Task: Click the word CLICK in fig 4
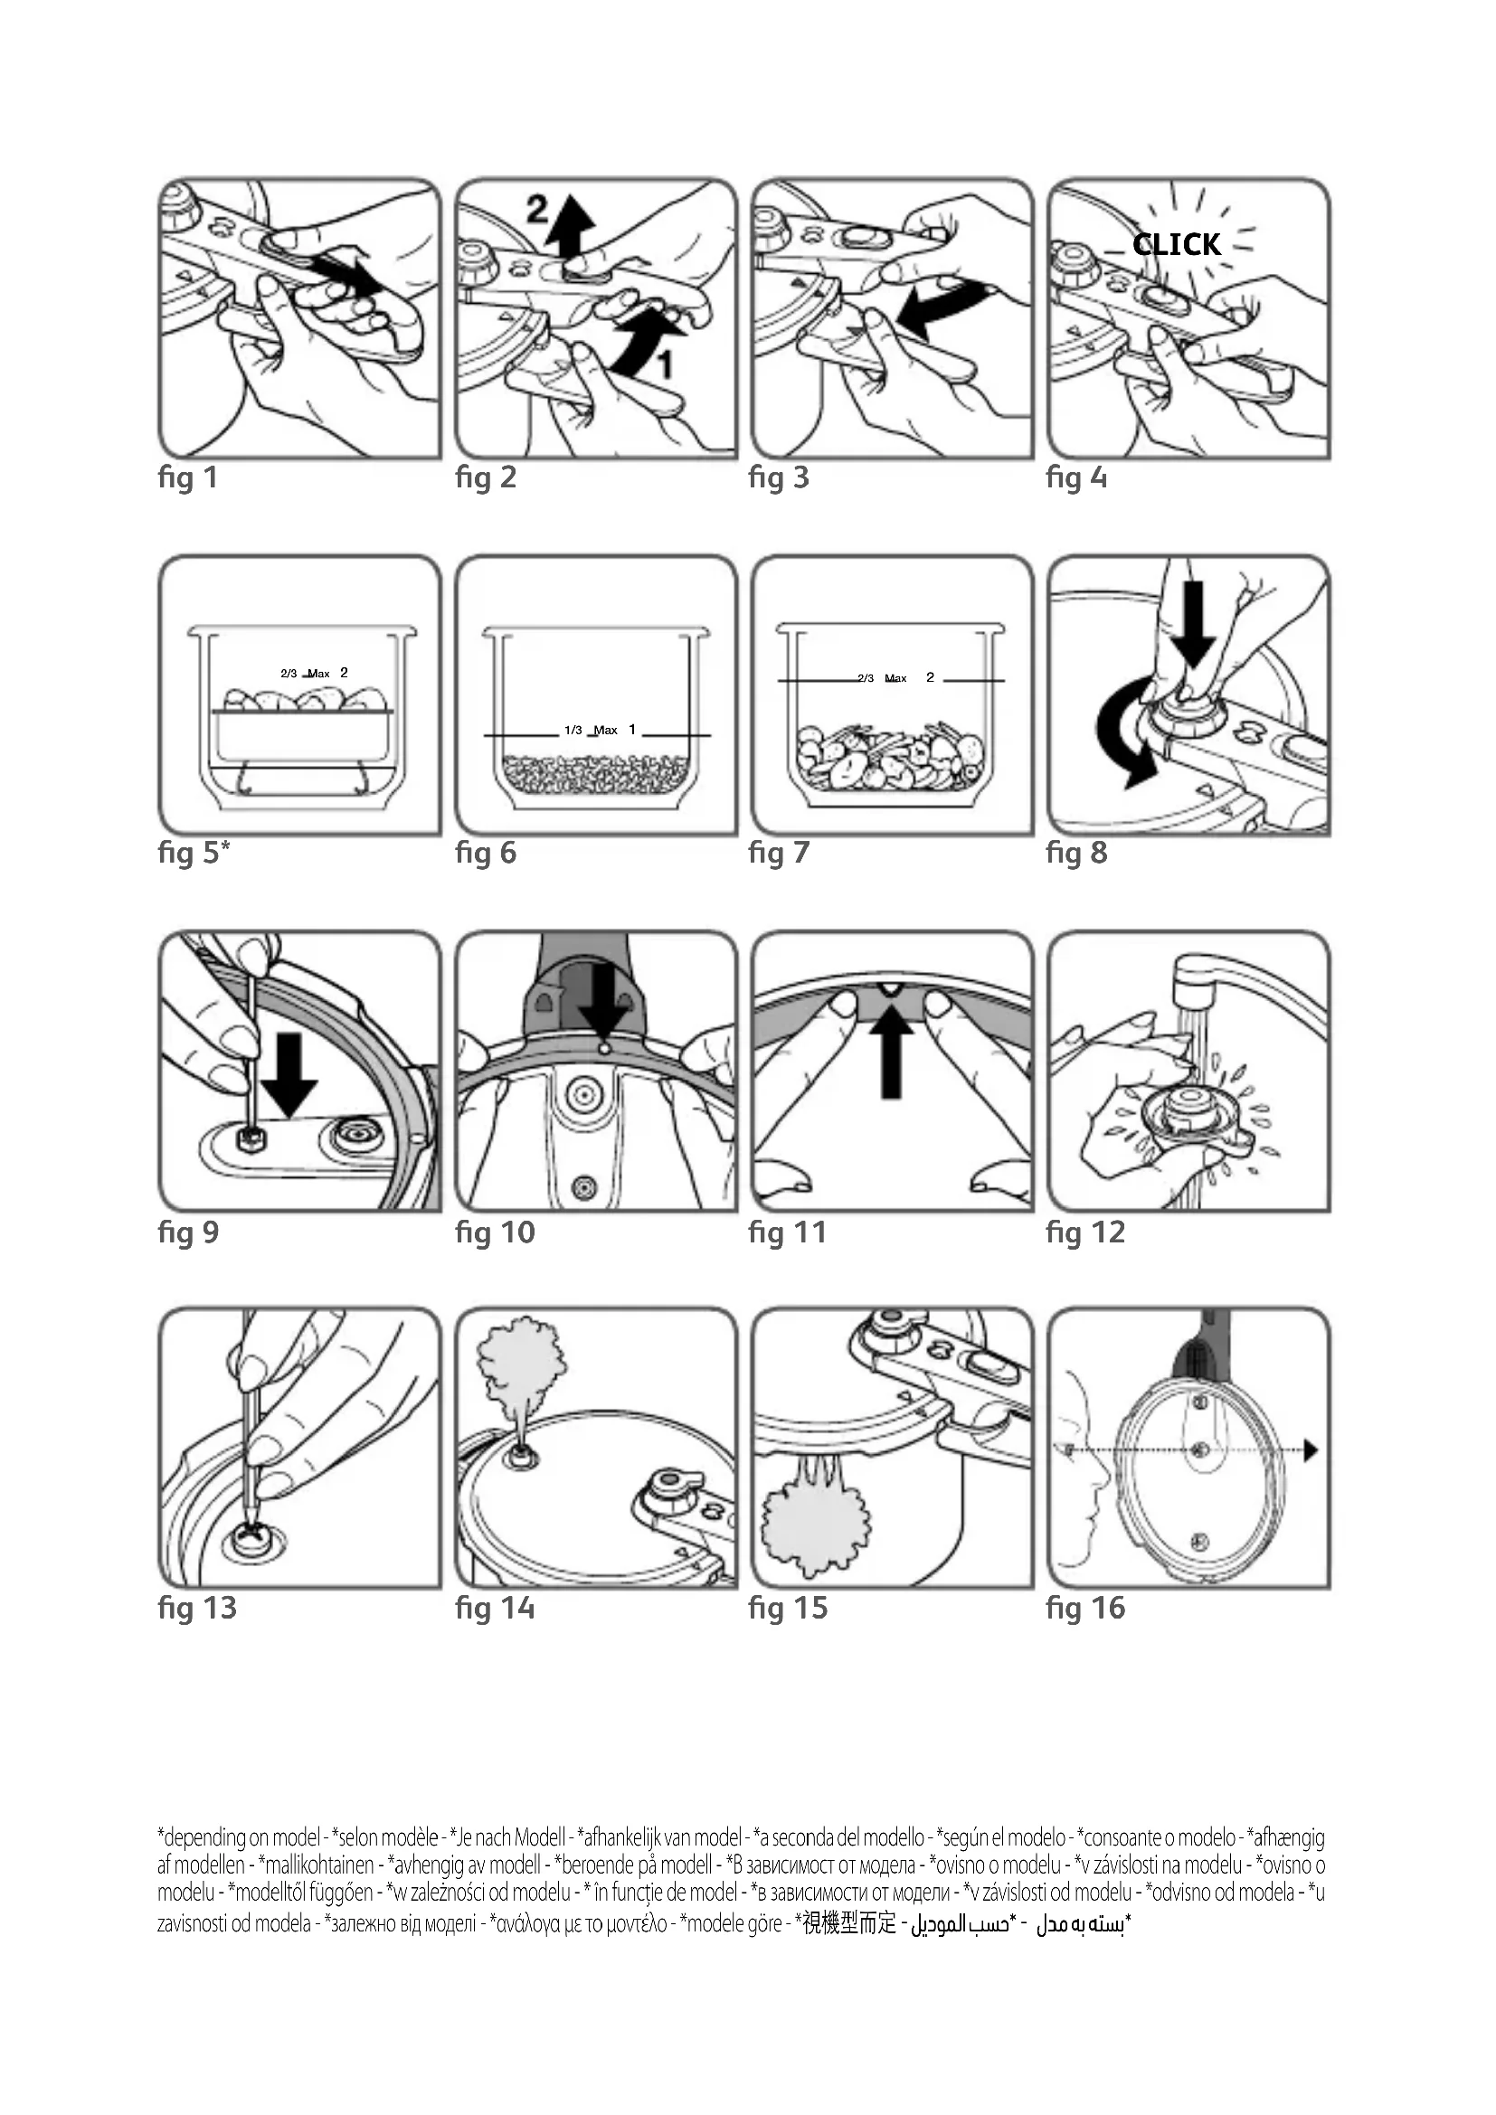[1177, 245]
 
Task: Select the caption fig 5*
[194, 853]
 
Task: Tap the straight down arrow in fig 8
[1194, 623]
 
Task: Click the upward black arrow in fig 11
[890, 1053]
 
